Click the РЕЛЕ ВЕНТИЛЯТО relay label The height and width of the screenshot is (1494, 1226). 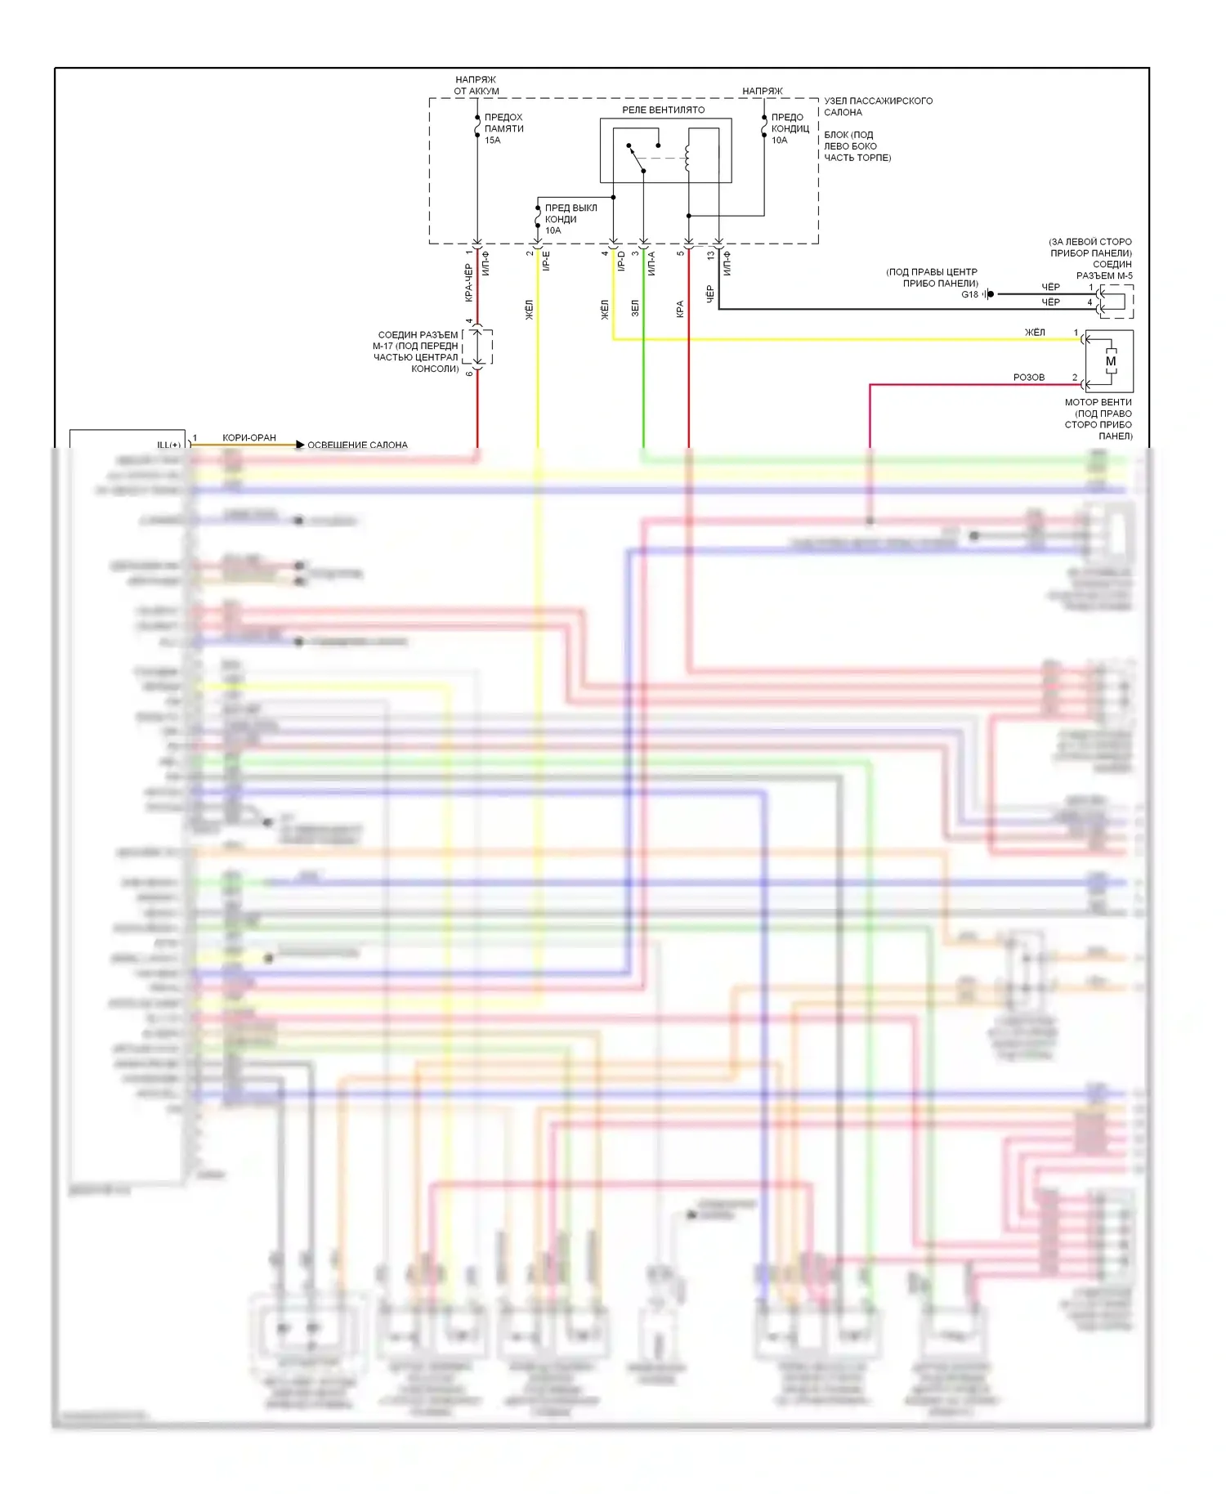663,110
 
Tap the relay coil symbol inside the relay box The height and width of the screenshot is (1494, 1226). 687,157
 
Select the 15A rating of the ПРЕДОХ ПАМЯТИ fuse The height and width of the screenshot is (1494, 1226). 492,141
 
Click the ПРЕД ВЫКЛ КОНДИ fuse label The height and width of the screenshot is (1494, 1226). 570,213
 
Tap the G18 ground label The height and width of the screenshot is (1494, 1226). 969,294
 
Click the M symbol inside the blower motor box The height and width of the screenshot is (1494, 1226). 1110,361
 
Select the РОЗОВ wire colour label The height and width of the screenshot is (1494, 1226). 1028,378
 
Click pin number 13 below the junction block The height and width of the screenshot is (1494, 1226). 711,255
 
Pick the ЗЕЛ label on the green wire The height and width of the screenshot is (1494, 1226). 635,308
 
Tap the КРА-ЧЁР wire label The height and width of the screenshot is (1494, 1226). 468,283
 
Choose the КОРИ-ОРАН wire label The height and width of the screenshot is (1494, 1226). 249,438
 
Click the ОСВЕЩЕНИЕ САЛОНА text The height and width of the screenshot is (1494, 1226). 357,445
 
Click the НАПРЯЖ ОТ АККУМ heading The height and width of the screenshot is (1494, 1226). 477,86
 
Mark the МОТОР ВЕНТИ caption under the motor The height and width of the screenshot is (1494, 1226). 1098,402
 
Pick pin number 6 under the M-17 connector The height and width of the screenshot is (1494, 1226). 469,373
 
